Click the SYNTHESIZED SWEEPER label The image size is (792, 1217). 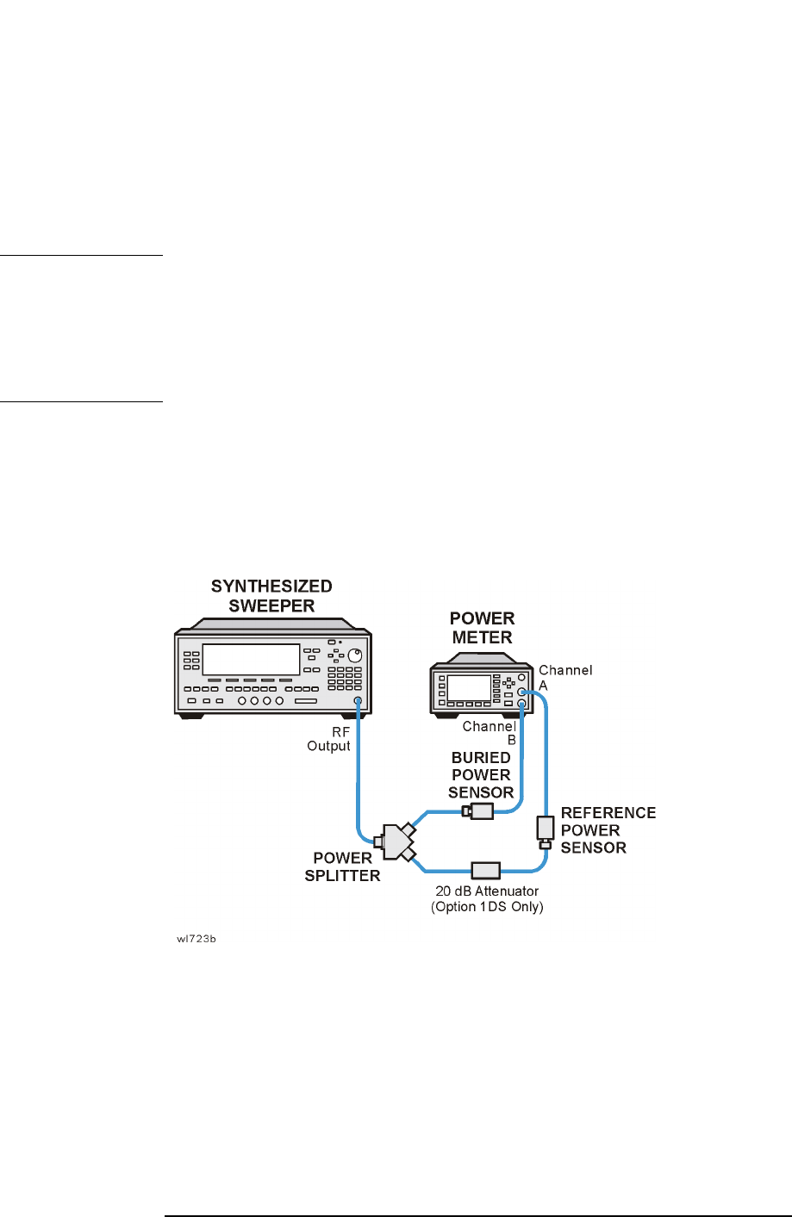pos(271,596)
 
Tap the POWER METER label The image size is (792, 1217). pos(482,628)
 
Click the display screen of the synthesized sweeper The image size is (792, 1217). pos(250,659)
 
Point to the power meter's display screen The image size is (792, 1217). pos(468,687)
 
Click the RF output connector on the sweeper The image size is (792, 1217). pos(357,702)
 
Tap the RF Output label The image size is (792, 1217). pos(329,739)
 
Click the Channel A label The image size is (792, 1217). pos(565,677)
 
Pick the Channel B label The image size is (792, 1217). pos(490,733)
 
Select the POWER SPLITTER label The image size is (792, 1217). pos(342,866)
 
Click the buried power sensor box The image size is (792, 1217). pos(479,810)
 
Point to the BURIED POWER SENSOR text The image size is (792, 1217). pos(481,774)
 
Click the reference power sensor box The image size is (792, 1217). pos(545,829)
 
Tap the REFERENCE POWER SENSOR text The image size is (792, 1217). pos(608,830)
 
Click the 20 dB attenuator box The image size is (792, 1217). pos(484,869)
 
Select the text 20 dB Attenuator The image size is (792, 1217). pos(487,891)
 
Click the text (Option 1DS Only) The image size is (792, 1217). pos(487,907)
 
